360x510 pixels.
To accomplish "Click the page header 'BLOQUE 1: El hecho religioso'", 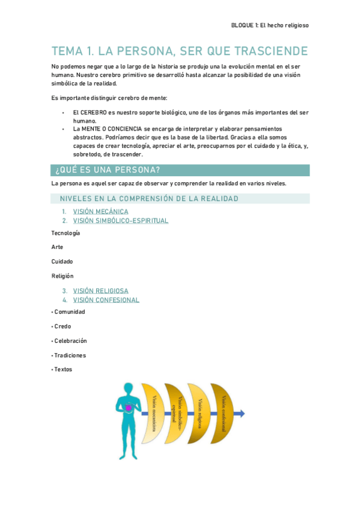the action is click(x=270, y=25).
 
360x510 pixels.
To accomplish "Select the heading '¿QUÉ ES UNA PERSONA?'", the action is click(x=107, y=169).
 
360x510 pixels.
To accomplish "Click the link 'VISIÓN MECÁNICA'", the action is click(x=100, y=211).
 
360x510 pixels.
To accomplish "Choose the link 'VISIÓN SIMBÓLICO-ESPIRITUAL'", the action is click(x=120, y=221).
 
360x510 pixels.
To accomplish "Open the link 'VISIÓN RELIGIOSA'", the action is click(x=100, y=290).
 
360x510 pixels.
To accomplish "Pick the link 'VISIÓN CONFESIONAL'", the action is click(x=106, y=300).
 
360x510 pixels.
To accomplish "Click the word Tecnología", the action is click(x=66, y=233).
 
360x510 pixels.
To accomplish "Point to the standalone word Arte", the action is click(x=58, y=247).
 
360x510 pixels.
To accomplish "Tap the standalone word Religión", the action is click(x=63, y=276).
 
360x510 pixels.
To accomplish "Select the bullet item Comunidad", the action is click(x=70, y=312).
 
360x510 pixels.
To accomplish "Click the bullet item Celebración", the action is click(x=70, y=341).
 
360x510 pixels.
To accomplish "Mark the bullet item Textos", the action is click(x=63, y=370).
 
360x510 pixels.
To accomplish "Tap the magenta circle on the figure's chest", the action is click(x=128, y=408).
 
